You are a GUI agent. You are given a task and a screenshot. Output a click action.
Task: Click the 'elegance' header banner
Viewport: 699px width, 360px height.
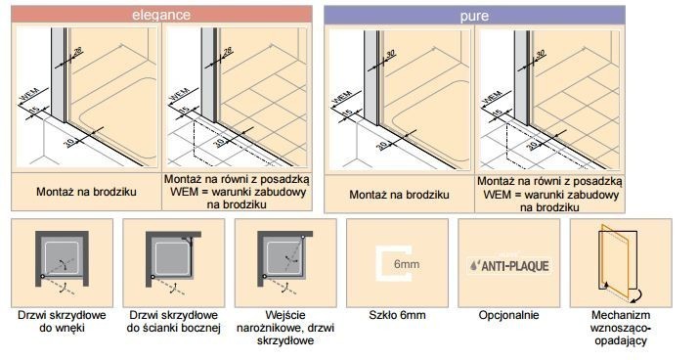tap(161, 15)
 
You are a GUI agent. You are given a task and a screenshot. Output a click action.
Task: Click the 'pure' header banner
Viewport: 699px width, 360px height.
tap(473, 15)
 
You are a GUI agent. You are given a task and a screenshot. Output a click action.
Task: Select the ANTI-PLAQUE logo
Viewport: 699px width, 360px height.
tap(508, 264)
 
